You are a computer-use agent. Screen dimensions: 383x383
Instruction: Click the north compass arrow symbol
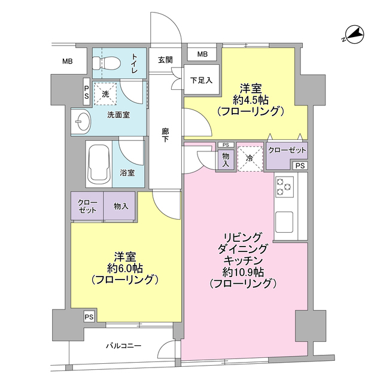click(x=352, y=35)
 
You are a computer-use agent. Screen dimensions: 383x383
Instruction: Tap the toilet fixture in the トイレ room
click(x=103, y=63)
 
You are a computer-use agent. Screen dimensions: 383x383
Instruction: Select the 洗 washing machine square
click(x=105, y=94)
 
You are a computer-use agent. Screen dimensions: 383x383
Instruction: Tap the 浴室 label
click(x=127, y=173)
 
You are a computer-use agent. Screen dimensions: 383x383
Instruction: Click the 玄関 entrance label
click(x=165, y=59)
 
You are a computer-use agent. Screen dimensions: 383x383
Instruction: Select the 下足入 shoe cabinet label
click(x=200, y=80)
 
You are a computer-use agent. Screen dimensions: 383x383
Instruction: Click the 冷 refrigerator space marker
click(x=250, y=158)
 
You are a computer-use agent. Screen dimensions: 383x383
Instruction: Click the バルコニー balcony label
click(x=124, y=346)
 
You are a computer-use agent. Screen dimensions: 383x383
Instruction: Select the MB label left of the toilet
click(x=68, y=61)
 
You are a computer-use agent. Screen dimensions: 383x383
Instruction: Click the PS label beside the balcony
click(x=89, y=317)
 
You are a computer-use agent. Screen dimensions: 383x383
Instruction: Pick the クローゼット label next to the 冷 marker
click(x=287, y=150)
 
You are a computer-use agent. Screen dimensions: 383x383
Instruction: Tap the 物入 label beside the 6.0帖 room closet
click(x=120, y=206)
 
